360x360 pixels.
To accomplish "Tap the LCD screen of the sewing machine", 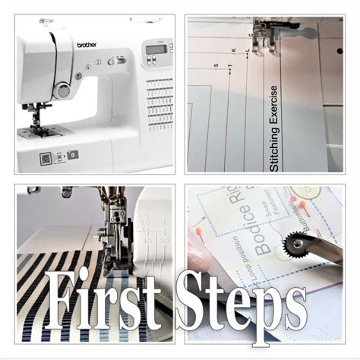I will point(157,49).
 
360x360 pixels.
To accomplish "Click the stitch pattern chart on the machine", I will point(159,99).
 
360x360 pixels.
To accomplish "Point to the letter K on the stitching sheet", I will point(235,52).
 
